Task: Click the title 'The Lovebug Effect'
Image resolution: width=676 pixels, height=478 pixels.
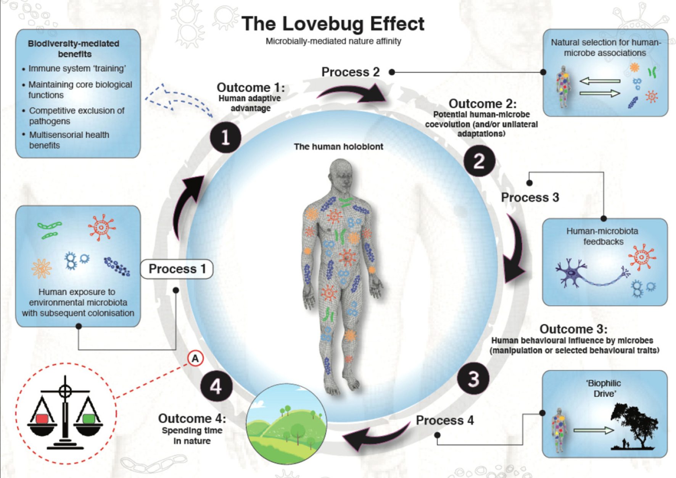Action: (x=333, y=24)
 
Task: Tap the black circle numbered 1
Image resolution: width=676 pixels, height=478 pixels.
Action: (x=225, y=137)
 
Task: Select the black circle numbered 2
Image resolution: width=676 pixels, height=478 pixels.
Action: (x=479, y=161)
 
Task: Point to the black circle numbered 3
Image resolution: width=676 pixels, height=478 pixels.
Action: (x=473, y=379)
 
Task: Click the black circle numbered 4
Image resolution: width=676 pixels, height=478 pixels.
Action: (x=216, y=386)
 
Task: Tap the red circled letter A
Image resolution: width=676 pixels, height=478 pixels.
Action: (x=195, y=358)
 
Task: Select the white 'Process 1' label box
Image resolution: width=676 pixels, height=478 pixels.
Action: (x=177, y=269)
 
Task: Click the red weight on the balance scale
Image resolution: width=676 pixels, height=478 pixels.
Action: (x=42, y=418)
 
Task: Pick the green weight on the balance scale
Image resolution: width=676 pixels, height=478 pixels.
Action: (x=89, y=418)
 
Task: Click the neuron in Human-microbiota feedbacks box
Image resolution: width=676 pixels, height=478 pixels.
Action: (x=572, y=272)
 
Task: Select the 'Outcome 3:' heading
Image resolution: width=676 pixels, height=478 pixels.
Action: (x=573, y=329)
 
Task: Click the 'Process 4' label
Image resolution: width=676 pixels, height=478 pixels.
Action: (x=444, y=420)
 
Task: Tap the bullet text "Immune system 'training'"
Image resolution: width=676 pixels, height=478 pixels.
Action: (x=77, y=69)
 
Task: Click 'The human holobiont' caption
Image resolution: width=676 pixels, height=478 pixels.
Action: (x=338, y=147)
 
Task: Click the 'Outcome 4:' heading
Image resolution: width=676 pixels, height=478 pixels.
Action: (x=192, y=418)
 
